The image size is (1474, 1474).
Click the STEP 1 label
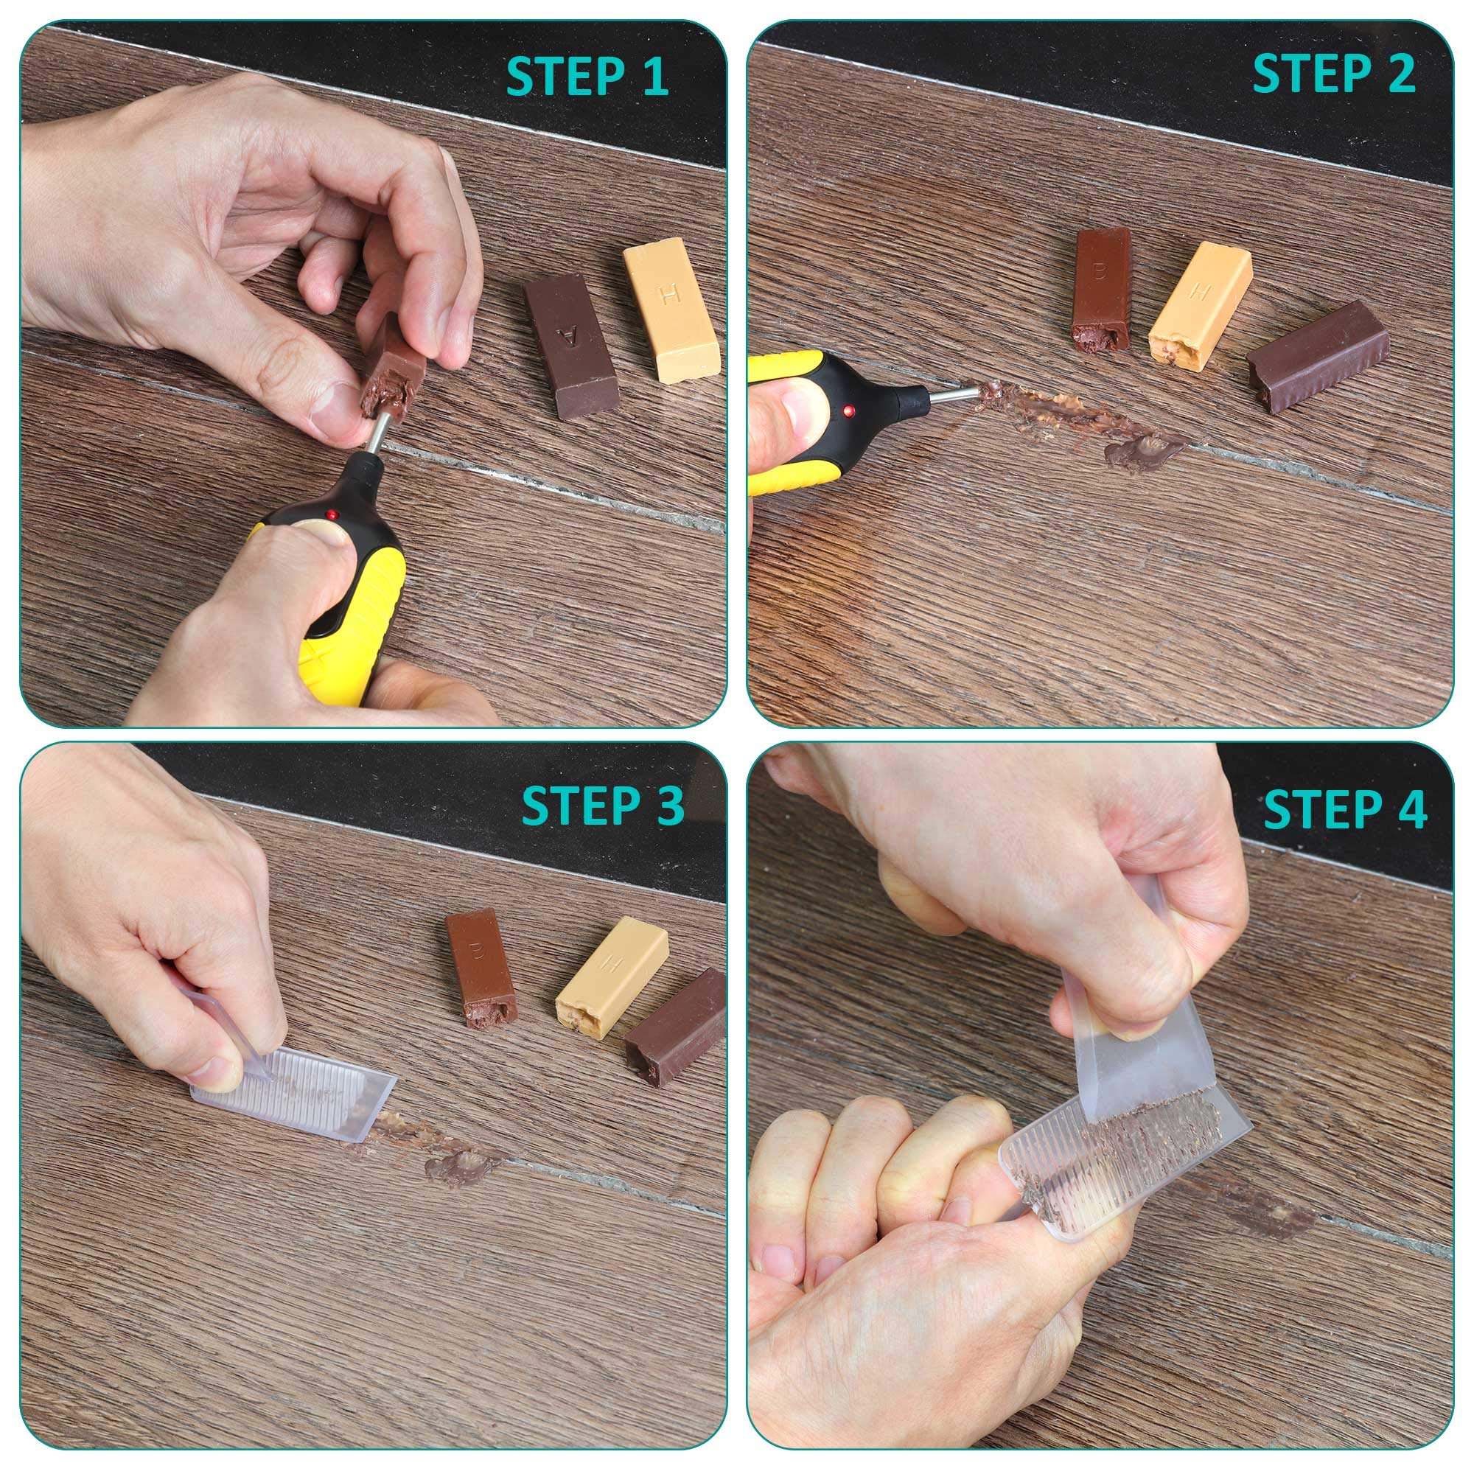tap(587, 77)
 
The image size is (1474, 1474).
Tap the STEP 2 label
tap(1334, 73)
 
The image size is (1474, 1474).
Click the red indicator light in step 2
tap(848, 412)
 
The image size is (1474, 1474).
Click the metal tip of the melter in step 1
tap(375, 438)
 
